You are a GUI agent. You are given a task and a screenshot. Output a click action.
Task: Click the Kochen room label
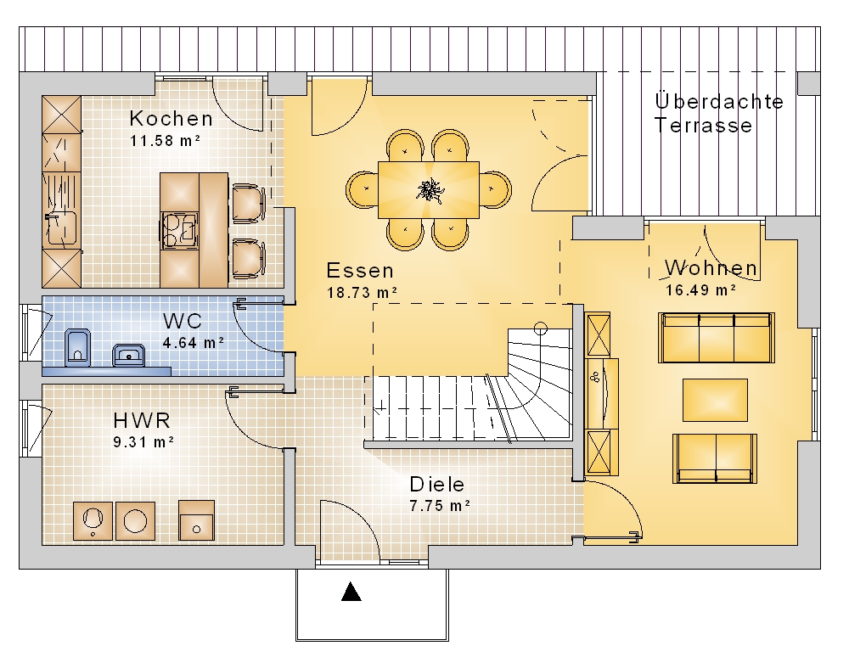point(171,118)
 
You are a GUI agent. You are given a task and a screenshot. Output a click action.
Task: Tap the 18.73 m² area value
point(363,292)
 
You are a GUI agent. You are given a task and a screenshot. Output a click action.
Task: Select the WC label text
point(182,321)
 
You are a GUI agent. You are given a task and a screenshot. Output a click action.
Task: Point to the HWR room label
point(141,420)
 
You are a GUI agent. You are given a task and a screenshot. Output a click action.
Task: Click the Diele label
point(437,485)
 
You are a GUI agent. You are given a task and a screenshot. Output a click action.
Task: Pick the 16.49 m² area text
point(700,290)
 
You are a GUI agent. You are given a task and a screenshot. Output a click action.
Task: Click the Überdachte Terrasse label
point(718,113)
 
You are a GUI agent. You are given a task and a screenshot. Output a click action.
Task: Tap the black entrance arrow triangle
point(351,592)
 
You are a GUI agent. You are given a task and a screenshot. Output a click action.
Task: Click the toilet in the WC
point(77,347)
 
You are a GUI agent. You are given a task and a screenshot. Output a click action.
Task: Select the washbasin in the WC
point(129,356)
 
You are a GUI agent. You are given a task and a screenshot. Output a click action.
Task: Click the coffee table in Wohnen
point(715,400)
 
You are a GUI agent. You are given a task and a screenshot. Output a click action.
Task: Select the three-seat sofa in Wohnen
point(716,338)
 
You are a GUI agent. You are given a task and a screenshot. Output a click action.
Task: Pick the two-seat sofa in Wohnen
point(715,458)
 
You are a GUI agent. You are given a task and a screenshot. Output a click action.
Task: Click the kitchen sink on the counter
point(60,228)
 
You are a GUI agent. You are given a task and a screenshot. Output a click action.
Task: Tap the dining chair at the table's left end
point(362,189)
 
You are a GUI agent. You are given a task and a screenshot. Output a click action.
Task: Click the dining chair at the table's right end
point(495,189)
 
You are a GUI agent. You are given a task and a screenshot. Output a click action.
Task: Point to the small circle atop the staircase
point(540,328)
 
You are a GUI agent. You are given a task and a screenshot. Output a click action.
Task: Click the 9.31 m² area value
point(143,441)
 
